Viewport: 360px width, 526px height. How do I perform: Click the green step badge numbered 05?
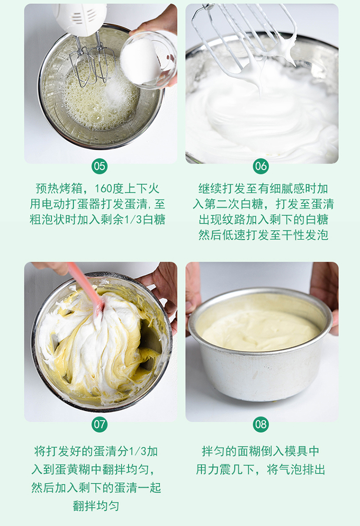click(x=99, y=166)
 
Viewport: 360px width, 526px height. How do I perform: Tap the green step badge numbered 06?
click(x=261, y=166)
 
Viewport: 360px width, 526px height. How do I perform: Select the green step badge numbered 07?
click(x=99, y=424)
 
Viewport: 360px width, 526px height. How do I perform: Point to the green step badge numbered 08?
click(x=261, y=424)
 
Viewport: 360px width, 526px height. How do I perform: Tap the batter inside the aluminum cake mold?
click(x=260, y=330)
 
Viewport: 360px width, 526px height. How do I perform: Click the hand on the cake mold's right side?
click(x=327, y=295)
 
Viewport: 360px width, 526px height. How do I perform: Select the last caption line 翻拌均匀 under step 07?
click(x=96, y=505)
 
